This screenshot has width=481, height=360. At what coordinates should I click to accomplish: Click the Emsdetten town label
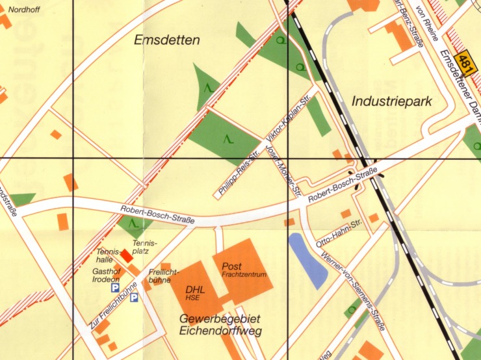tap(166, 40)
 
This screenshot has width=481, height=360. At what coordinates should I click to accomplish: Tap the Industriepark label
tap(391, 101)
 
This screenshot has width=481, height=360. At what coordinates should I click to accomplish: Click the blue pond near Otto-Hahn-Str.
tap(307, 260)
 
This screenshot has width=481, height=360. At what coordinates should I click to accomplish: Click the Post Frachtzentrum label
tap(244, 270)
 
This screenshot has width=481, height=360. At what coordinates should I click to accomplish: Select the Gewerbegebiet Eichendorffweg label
tap(219, 325)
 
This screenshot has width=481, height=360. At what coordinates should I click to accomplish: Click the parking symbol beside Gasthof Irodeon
tap(115, 287)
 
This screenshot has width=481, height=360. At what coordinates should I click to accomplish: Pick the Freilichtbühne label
tap(160, 276)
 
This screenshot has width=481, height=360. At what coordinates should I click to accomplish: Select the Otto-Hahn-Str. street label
tap(338, 233)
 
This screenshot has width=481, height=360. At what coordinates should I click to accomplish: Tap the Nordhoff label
tap(23, 9)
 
